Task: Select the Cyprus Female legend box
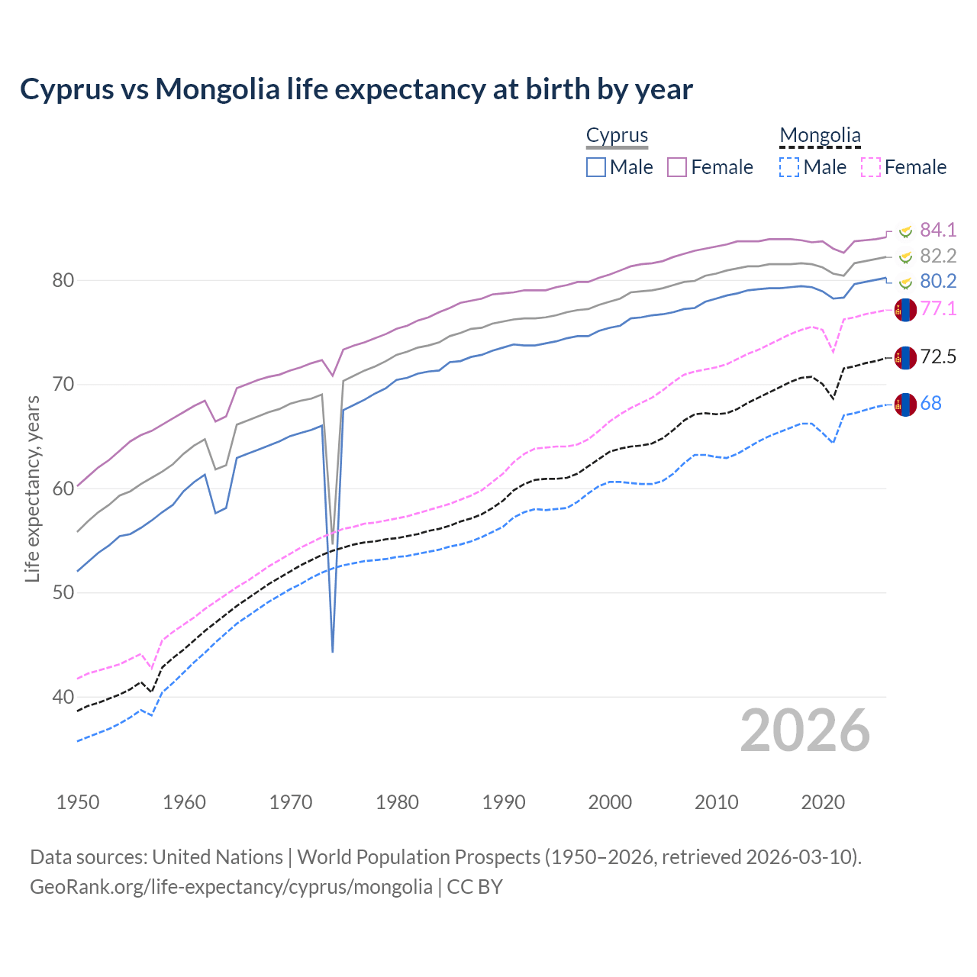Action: (678, 167)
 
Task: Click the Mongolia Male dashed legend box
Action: (789, 167)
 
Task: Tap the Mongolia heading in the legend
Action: (820, 136)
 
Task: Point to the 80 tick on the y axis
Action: (63, 280)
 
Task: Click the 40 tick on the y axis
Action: (63, 697)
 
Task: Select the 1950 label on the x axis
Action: (78, 802)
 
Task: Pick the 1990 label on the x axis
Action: (504, 802)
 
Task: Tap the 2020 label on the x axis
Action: (823, 802)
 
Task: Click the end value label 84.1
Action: (938, 230)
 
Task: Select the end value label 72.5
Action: (938, 356)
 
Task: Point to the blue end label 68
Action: (930, 403)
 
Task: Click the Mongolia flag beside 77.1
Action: (905, 309)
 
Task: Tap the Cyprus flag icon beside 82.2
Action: (905, 256)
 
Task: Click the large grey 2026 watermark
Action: (805, 730)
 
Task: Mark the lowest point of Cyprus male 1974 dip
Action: (333, 651)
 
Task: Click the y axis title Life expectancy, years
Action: (32, 488)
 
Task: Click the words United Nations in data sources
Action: (218, 857)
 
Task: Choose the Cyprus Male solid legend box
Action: (596, 167)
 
